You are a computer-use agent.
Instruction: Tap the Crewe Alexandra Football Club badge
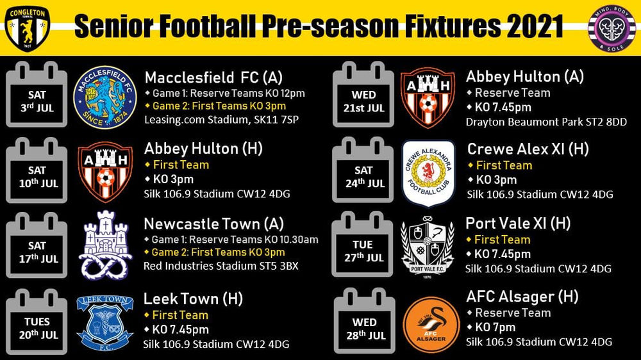428,174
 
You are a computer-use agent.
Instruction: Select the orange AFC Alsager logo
430,324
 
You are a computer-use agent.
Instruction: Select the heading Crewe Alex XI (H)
528,149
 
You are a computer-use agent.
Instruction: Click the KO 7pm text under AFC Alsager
494,327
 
